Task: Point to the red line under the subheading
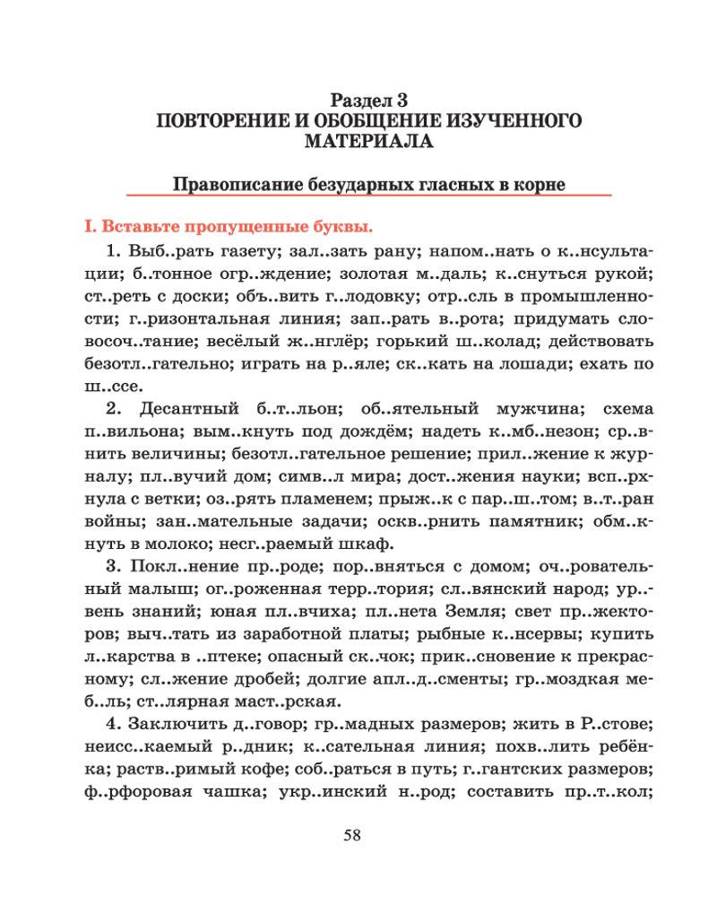(369, 195)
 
